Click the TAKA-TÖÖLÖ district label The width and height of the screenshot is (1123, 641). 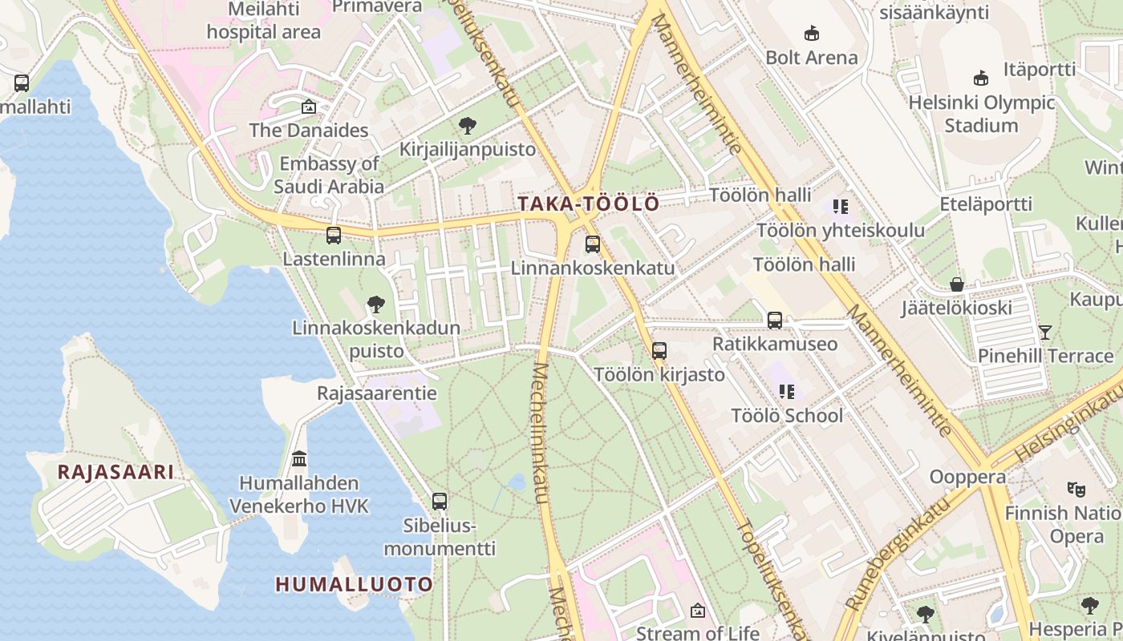[588, 204]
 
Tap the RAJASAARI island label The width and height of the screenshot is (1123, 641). [116, 472]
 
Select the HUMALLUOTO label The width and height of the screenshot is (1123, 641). [354, 584]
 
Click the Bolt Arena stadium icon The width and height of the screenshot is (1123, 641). [812, 34]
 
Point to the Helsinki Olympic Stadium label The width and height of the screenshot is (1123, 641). [981, 114]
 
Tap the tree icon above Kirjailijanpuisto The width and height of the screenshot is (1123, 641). [468, 126]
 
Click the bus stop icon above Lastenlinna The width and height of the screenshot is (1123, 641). [334, 236]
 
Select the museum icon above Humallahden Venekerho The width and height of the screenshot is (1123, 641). [299, 459]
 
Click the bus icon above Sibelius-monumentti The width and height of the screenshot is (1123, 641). [440, 502]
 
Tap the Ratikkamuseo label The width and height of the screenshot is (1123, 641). [775, 344]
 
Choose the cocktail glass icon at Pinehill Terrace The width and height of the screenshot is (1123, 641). [1045, 332]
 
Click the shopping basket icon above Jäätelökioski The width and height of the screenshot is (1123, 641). [956, 284]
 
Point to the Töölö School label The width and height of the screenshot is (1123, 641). [787, 415]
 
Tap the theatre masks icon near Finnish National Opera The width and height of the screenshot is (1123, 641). [1076, 488]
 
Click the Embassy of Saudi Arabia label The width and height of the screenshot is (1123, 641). [329, 175]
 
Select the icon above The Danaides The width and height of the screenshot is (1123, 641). [308, 107]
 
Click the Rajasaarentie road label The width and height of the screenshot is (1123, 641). [376, 393]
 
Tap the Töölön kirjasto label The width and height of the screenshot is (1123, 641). [659, 374]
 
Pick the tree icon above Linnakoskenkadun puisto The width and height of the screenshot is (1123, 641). [375, 304]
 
